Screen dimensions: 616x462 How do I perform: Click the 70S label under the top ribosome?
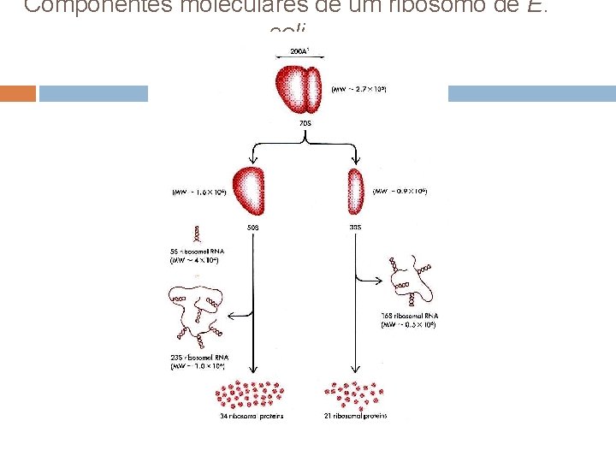point(305,123)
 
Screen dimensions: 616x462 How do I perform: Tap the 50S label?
point(253,228)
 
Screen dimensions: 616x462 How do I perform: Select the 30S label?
point(356,228)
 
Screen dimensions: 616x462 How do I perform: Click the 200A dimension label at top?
point(300,52)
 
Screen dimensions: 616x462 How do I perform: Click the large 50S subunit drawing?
point(252,191)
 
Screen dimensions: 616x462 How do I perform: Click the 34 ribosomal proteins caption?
point(251,417)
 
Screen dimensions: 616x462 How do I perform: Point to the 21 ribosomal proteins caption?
point(355,417)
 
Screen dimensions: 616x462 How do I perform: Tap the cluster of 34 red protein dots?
point(251,394)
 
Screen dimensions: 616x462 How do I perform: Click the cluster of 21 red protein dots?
point(352,394)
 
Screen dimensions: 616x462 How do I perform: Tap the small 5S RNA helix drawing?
point(198,233)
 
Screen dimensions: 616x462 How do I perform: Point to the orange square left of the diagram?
point(18,93)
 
